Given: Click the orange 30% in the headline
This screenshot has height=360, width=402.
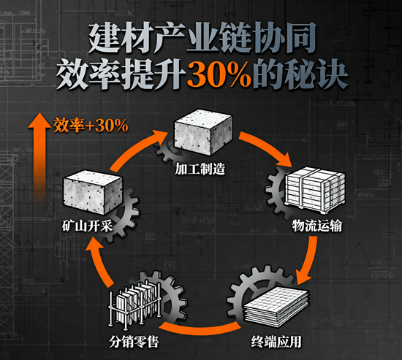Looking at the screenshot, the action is click(x=219, y=74).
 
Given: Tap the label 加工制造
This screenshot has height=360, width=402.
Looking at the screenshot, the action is click(x=200, y=169).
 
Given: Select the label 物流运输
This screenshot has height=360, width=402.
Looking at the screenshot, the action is click(x=317, y=226).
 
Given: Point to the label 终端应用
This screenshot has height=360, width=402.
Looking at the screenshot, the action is click(x=276, y=342).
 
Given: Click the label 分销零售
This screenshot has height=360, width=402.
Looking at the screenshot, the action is click(x=134, y=342).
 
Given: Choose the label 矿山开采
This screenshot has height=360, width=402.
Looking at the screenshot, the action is click(x=88, y=226).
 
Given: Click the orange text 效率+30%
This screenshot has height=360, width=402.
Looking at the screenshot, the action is click(x=91, y=126).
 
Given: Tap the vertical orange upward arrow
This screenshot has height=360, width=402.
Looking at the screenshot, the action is click(x=39, y=156).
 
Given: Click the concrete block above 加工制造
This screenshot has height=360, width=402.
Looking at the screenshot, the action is click(x=203, y=132).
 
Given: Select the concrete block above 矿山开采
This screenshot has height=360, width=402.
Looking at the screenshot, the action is click(x=93, y=193).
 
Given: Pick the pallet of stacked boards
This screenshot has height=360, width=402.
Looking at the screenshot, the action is click(x=314, y=190).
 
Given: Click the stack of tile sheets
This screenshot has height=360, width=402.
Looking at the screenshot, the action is click(x=276, y=307).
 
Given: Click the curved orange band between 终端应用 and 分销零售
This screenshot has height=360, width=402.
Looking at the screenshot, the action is click(x=200, y=329).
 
